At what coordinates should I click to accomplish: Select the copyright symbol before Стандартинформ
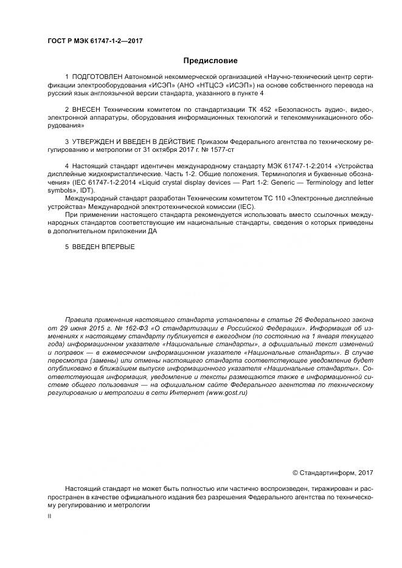[x=296, y=472]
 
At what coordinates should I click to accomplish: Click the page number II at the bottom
[x=49, y=516]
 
